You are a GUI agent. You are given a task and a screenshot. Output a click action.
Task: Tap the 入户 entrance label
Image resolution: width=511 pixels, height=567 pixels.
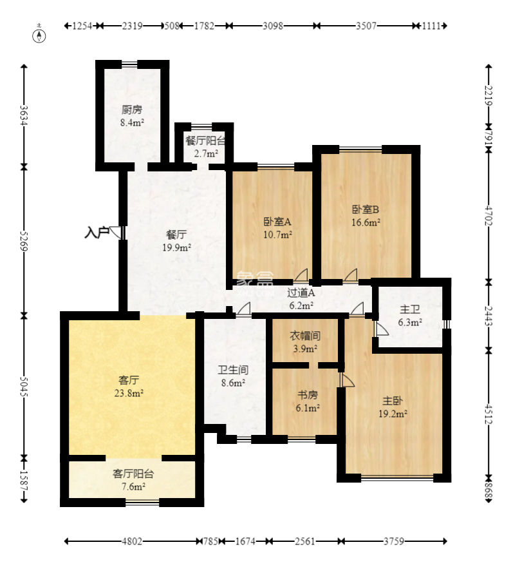(x=97, y=232)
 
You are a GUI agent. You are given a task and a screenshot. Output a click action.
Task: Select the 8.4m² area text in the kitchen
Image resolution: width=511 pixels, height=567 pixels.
(x=132, y=122)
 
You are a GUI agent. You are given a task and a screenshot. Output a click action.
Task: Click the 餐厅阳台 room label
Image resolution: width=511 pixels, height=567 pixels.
(x=205, y=140)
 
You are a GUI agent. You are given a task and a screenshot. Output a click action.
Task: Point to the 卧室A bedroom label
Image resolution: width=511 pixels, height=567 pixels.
(x=277, y=221)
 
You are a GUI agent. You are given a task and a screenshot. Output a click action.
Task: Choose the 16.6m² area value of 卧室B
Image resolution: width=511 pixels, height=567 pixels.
(x=366, y=222)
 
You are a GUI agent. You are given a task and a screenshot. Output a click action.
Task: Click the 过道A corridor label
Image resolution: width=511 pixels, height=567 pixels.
(x=301, y=293)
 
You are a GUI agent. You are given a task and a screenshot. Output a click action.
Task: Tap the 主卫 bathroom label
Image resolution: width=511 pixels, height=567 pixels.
(x=410, y=309)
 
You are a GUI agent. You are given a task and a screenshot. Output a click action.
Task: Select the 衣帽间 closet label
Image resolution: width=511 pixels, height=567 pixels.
(x=305, y=336)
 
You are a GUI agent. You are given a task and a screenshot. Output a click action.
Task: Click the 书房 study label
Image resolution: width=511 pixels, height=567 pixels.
(x=308, y=394)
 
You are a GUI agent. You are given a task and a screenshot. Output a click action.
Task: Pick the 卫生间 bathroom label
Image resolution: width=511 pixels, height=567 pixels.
(x=233, y=370)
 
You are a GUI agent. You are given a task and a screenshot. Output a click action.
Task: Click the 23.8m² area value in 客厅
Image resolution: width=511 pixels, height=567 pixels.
(x=129, y=393)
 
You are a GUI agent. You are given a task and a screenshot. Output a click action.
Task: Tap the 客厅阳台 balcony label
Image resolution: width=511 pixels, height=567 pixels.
(x=133, y=474)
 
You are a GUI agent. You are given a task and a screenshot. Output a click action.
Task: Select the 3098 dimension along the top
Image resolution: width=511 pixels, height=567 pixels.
(x=273, y=26)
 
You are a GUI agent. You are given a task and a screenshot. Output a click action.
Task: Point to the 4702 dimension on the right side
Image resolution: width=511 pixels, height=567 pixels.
(x=488, y=215)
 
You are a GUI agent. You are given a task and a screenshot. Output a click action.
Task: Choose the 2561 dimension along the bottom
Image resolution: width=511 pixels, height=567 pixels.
(x=305, y=541)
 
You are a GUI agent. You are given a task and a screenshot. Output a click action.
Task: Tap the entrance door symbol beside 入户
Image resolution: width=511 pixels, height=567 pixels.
(x=117, y=233)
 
